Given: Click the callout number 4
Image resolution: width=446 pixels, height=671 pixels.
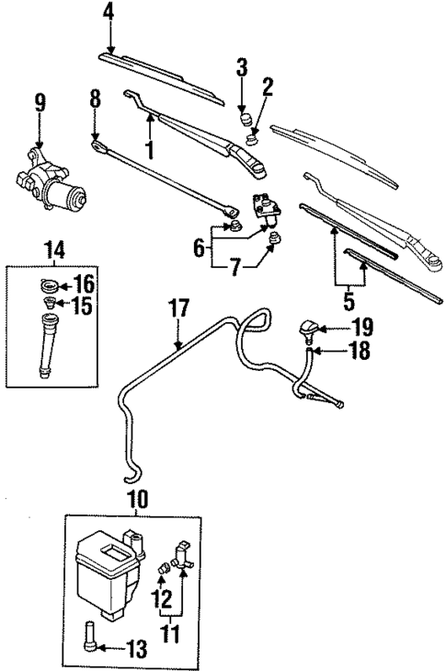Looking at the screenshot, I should (109, 13).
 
